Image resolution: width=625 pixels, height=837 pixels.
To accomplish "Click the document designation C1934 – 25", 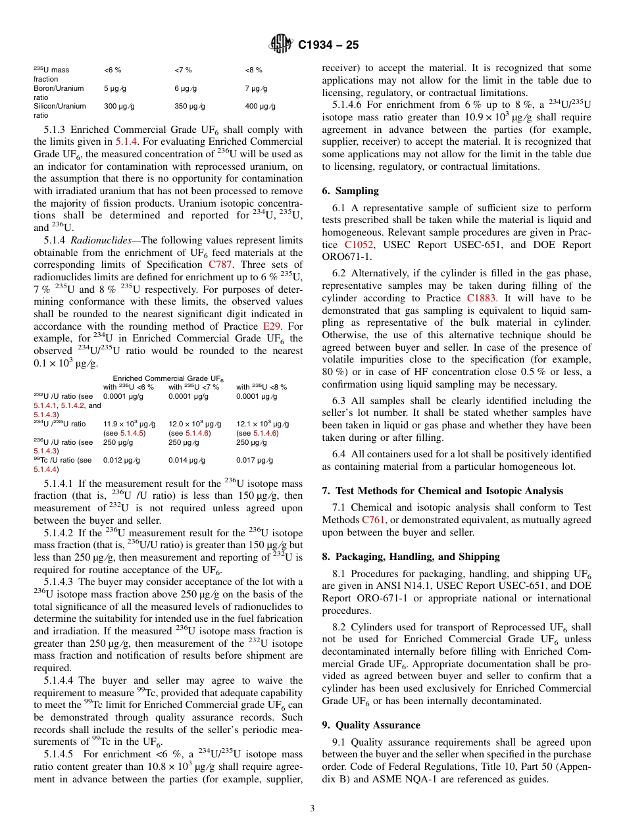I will tap(328, 45).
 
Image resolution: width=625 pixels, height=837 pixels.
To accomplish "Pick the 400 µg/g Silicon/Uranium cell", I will tap(260, 106).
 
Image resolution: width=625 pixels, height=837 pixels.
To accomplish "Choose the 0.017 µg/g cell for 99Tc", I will tap(255, 460).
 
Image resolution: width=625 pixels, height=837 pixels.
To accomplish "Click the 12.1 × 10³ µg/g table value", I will tap(262, 424).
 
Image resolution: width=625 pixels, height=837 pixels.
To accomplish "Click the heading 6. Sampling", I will tap(350, 191).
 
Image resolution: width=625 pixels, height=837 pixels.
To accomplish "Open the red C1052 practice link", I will tap(359, 244).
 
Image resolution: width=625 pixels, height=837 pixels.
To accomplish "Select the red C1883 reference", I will tap(482, 297).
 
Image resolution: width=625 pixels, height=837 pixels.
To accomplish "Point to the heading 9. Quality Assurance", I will tap(371, 725).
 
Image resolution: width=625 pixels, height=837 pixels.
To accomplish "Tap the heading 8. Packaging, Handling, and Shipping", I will tap(411, 557).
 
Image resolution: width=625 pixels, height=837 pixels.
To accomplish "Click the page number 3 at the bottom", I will tap(312, 809).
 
